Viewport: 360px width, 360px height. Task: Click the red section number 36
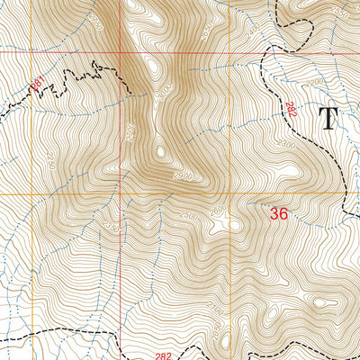[279, 214]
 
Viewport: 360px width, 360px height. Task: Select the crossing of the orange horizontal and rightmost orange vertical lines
[347, 193]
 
